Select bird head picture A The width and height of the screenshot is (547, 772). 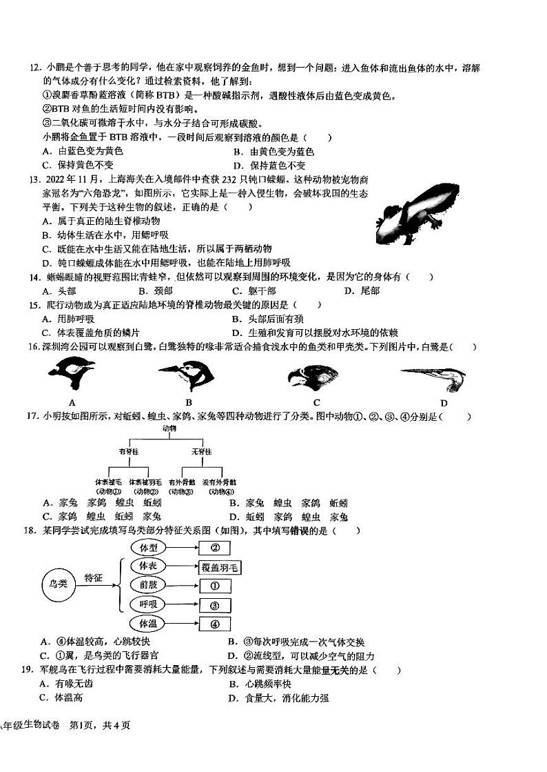tap(71, 379)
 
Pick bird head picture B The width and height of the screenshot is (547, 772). tap(187, 377)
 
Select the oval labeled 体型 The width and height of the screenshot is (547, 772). tap(149, 547)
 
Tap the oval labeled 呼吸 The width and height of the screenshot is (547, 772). tap(149, 604)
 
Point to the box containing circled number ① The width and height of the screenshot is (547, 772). tap(214, 586)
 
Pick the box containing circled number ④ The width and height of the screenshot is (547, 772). tap(214, 624)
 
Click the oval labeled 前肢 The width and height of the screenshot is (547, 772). tap(149, 585)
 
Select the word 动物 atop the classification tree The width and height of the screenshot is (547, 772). tap(169, 428)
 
